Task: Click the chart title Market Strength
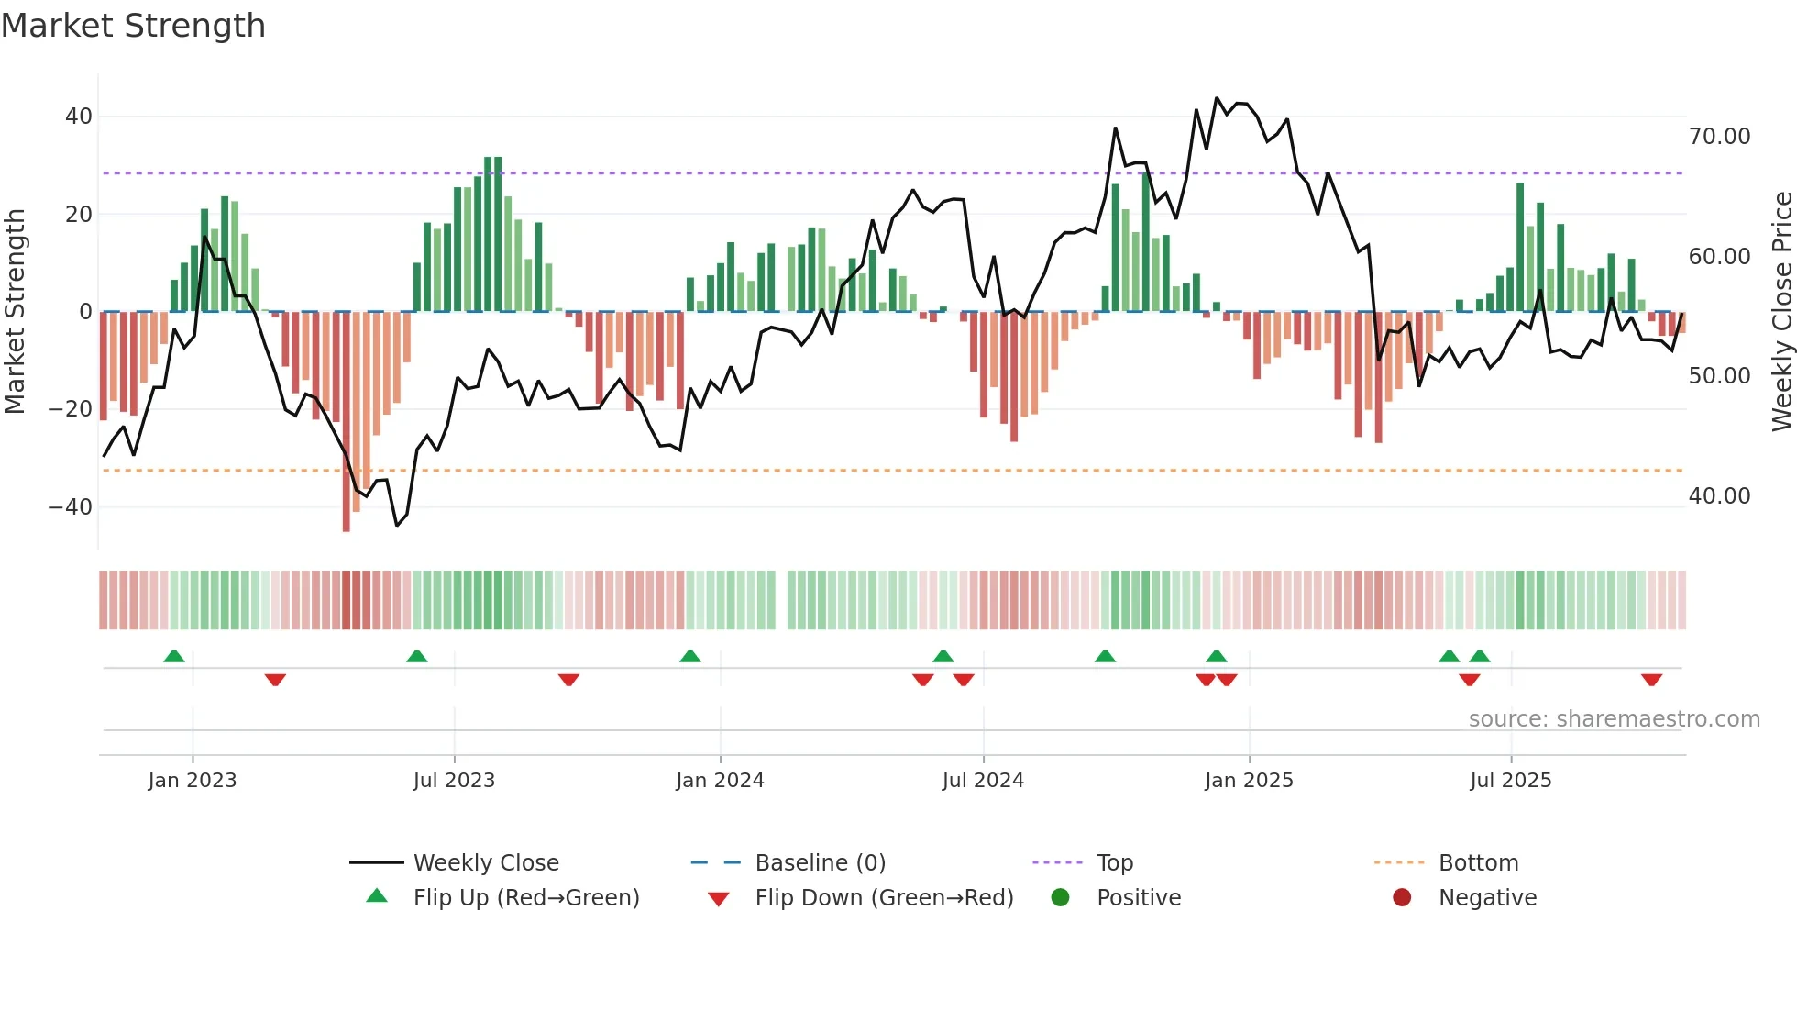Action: coord(133,26)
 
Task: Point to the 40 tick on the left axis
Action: coord(79,117)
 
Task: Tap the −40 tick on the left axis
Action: coord(71,506)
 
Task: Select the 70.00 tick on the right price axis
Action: coord(1719,137)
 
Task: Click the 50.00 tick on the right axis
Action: coord(1719,376)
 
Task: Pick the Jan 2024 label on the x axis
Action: coord(720,781)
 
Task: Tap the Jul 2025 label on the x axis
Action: coord(1510,781)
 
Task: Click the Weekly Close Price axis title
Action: coord(1781,311)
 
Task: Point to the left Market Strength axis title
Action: coord(16,311)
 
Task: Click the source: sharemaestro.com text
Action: coord(1614,719)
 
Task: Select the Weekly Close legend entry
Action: coord(485,863)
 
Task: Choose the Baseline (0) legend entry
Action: coord(820,863)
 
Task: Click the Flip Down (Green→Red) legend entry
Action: coord(884,898)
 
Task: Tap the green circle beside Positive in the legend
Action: coord(1061,898)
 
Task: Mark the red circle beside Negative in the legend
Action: coord(1402,898)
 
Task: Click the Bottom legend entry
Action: coord(1478,863)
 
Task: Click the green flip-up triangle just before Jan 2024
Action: coord(690,656)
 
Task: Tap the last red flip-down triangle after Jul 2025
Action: coord(1652,680)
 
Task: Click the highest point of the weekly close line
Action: coord(1217,98)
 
